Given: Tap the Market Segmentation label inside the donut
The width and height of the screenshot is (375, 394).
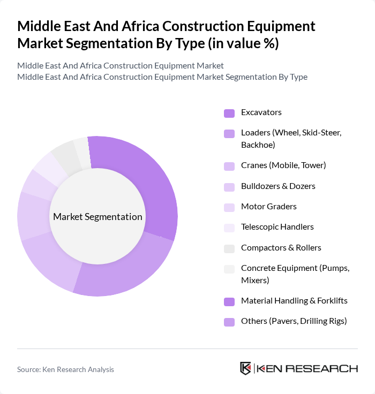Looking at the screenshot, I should click(x=97, y=217).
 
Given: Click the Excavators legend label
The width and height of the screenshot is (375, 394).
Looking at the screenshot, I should click(x=261, y=112).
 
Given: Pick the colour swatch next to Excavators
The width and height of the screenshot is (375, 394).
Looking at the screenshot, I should click(x=229, y=113).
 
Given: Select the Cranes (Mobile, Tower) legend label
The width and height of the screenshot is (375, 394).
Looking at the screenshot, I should click(x=283, y=165).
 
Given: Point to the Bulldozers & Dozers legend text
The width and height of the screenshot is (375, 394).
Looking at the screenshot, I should click(x=278, y=186).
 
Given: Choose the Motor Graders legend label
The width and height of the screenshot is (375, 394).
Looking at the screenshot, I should click(x=268, y=207).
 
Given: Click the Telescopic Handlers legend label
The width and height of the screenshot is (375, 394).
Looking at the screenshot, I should click(x=277, y=227).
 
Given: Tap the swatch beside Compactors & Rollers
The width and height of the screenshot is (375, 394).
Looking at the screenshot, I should click(x=229, y=248).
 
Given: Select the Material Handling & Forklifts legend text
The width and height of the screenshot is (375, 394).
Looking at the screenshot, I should click(x=294, y=301).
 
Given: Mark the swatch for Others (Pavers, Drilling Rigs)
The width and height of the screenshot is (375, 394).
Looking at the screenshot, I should click(x=229, y=322).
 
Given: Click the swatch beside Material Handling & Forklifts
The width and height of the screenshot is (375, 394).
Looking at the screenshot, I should click(x=229, y=301).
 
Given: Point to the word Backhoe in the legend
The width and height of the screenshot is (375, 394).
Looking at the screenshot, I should click(x=258, y=145).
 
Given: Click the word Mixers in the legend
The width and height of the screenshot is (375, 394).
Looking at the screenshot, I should click(x=254, y=280).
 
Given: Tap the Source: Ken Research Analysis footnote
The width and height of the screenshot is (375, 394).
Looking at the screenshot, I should click(x=65, y=369).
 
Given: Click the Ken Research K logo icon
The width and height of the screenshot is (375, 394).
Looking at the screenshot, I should click(x=246, y=368).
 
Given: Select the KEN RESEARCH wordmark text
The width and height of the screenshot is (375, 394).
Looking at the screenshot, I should click(x=307, y=368).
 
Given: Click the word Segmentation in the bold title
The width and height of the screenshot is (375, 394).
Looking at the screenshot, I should click(x=126, y=43).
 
